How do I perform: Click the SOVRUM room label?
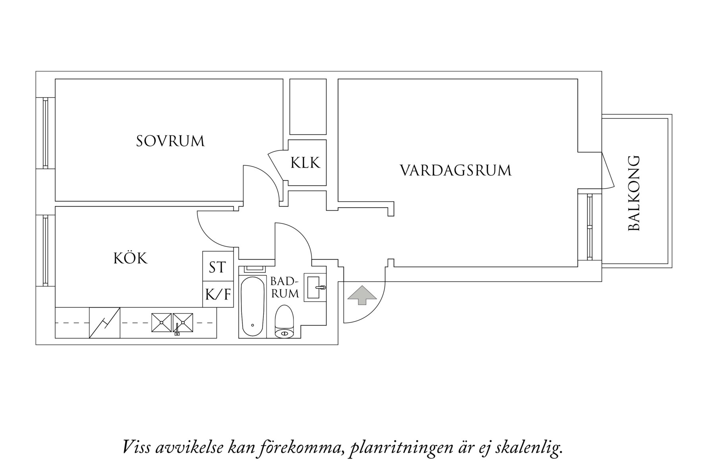click(x=170, y=141)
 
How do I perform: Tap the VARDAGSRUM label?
click(x=455, y=171)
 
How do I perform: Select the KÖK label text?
click(x=130, y=258)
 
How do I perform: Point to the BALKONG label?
click(x=634, y=193)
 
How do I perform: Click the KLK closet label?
click(x=305, y=163)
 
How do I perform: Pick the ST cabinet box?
click(x=217, y=267)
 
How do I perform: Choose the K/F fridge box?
click(x=218, y=294)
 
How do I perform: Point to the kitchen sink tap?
click(x=177, y=329)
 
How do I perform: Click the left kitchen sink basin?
click(x=161, y=323)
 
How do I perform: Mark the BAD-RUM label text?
click(x=284, y=288)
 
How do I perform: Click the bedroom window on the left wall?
click(x=45, y=133)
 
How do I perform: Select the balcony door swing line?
click(x=608, y=171)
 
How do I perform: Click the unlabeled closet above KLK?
click(x=307, y=107)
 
